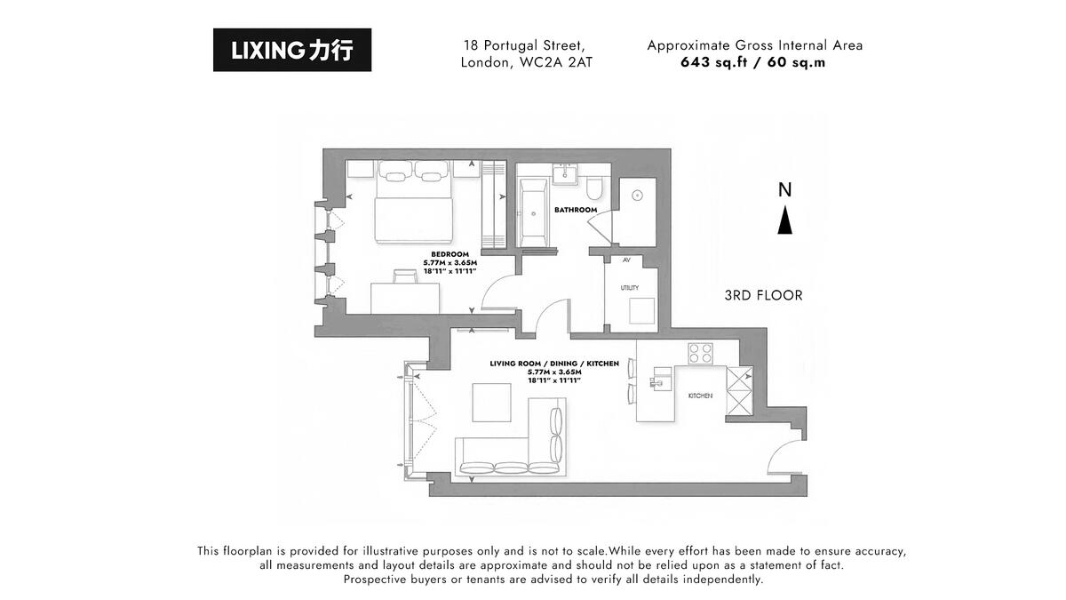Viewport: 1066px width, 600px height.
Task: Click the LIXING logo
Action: pyautogui.click(x=292, y=50)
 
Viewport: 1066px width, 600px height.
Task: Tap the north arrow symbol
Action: pyautogui.click(x=784, y=220)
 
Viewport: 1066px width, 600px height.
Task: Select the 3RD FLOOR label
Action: pyautogui.click(x=763, y=295)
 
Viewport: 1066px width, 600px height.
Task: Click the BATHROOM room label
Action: pyautogui.click(x=576, y=210)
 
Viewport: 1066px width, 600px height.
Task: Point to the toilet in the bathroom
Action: pyautogui.click(x=593, y=188)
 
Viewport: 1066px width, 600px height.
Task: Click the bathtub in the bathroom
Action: pyautogui.click(x=533, y=212)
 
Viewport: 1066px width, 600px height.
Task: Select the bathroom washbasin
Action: pyautogui.click(x=565, y=175)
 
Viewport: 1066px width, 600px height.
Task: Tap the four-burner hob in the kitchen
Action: pyautogui.click(x=701, y=354)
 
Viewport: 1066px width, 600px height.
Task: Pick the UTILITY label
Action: pyautogui.click(x=630, y=288)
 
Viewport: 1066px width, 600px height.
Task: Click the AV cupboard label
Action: pyautogui.click(x=626, y=260)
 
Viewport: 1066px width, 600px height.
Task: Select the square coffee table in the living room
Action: pyautogui.click(x=491, y=403)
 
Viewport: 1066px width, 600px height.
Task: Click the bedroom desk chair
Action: pyautogui.click(x=405, y=276)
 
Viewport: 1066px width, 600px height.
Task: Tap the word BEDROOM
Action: pyautogui.click(x=449, y=254)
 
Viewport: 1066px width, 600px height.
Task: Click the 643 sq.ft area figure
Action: pyautogui.click(x=714, y=62)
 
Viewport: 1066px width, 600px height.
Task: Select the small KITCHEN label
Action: pyautogui.click(x=701, y=396)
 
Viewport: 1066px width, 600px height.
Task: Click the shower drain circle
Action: pyautogui.click(x=637, y=196)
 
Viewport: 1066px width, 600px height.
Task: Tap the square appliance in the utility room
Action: pyautogui.click(x=641, y=311)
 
